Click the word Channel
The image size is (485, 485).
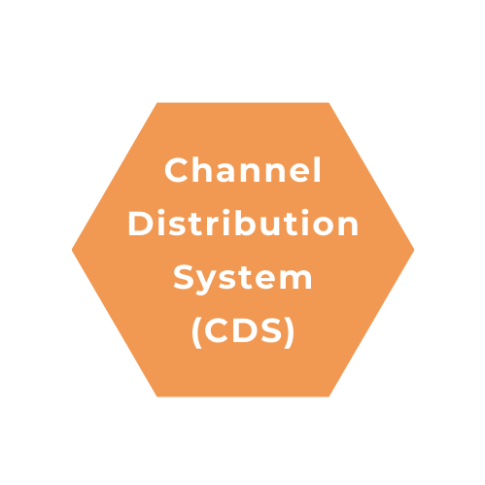243,170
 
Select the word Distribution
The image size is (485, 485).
243,223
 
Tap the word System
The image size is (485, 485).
243,278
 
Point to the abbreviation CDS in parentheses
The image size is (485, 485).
243,330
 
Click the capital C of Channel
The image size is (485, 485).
176,170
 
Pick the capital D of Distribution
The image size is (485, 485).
140,224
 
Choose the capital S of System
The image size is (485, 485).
184,277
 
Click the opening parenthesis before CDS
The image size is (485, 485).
196,332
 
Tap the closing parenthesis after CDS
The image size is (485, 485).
290,332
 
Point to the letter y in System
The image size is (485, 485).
206,282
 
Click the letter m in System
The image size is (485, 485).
295,279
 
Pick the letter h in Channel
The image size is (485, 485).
201,170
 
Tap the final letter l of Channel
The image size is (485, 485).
318,170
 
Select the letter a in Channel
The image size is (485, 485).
225,173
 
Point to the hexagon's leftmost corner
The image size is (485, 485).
72,250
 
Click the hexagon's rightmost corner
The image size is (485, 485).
414,250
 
